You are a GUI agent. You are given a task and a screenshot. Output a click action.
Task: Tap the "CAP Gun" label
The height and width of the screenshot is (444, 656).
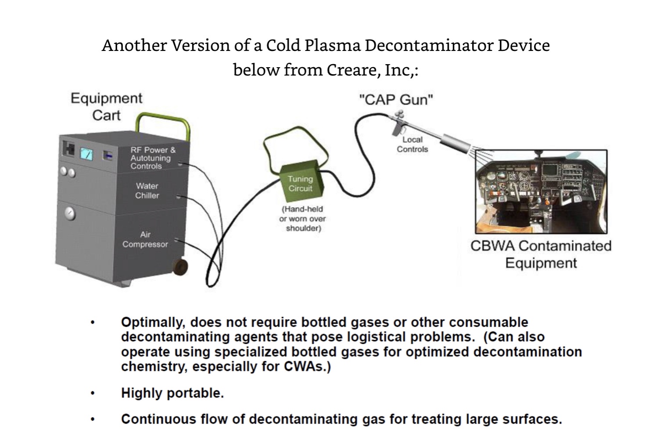(x=396, y=100)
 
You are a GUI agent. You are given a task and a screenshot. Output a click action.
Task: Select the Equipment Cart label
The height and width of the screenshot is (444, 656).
(x=106, y=107)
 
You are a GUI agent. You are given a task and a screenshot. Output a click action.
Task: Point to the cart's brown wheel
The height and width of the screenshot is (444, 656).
(x=179, y=266)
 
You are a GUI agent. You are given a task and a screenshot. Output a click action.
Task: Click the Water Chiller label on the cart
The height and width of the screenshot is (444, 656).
(x=147, y=191)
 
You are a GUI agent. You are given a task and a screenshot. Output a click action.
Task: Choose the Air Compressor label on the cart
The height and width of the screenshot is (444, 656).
(x=145, y=239)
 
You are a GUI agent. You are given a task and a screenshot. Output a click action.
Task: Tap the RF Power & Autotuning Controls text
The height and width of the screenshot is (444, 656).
(x=152, y=158)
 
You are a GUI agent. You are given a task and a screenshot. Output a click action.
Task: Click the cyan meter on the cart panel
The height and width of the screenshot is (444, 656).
(x=86, y=154)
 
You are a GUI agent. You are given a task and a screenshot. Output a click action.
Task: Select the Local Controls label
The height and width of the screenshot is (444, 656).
(x=412, y=144)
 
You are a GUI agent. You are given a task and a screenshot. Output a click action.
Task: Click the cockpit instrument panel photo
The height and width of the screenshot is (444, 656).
(x=541, y=191)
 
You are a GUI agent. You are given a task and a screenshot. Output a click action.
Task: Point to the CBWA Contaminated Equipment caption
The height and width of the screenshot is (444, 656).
(x=541, y=254)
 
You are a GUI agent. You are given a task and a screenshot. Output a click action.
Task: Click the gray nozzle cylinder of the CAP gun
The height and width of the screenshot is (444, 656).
(x=454, y=144)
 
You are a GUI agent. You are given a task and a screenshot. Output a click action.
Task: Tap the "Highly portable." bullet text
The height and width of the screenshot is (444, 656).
(x=172, y=393)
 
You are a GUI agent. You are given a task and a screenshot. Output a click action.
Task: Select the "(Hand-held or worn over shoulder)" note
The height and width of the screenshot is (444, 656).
(x=303, y=219)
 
